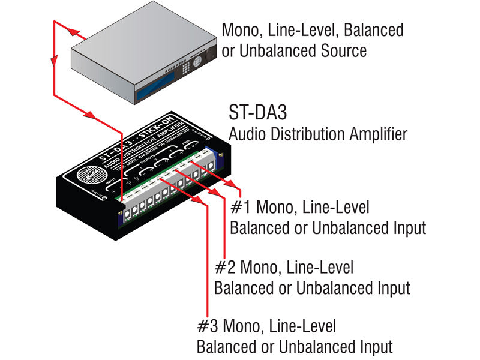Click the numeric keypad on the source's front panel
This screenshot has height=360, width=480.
[x=196, y=62]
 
